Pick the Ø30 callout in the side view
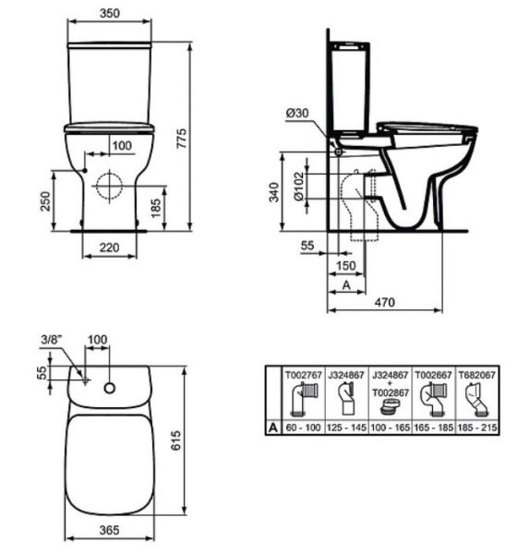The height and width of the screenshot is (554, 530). coord(296,113)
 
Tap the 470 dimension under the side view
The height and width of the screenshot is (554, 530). coord(386,302)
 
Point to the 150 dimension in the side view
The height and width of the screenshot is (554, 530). coord(346,267)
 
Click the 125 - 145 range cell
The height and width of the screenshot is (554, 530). coord(344,429)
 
